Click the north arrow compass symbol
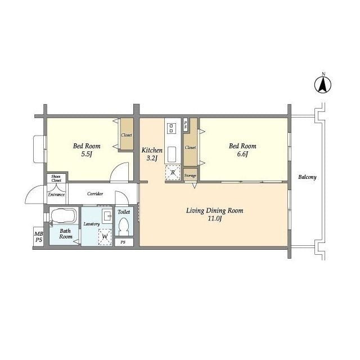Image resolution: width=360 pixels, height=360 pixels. pyautogui.click(x=322, y=84)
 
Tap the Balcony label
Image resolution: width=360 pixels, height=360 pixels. pyautogui.click(x=307, y=177)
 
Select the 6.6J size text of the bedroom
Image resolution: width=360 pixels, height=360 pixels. pyautogui.click(x=242, y=154)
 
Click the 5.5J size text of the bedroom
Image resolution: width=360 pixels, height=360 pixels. pyautogui.click(x=87, y=154)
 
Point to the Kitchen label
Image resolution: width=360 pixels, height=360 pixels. pyautogui.click(x=152, y=150)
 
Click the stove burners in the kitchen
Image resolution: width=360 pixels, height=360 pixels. pyautogui.click(x=171, y=128)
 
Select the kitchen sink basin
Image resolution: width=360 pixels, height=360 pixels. pyautogui.click(x=172, y=154)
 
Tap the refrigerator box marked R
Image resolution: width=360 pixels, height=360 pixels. pyautogui.click(x=173, y=172)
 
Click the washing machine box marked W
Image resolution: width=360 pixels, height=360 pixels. pyautogui.click(x=105, y=237)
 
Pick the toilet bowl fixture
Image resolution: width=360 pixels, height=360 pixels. pyautogui.click(x=124, y=226)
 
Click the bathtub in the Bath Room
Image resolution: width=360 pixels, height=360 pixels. pyautogui.click(x=64, y=215)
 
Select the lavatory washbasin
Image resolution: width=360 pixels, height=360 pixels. pyautogui.click(x=107, y=216)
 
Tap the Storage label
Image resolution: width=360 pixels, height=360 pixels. pyautogui.click(x=190, y=175)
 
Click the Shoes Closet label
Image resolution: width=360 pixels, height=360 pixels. pyautogui.click(x=56, y=178)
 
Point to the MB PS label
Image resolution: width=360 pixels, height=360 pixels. pyautogui.click(x=39, y=237)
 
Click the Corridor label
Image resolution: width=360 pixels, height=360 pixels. pyautogui.click(x=95, y=193)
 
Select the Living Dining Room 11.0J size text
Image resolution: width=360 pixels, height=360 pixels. pyautogui.click(x=215, y=218)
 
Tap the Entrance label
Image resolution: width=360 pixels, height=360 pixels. pyautogui.click(x=56, y=195)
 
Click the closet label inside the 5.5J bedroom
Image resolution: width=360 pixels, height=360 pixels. pyautogui.click(x=126, y=135)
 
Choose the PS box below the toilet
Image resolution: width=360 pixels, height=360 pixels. pyautogui.click(x=124, y=242)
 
